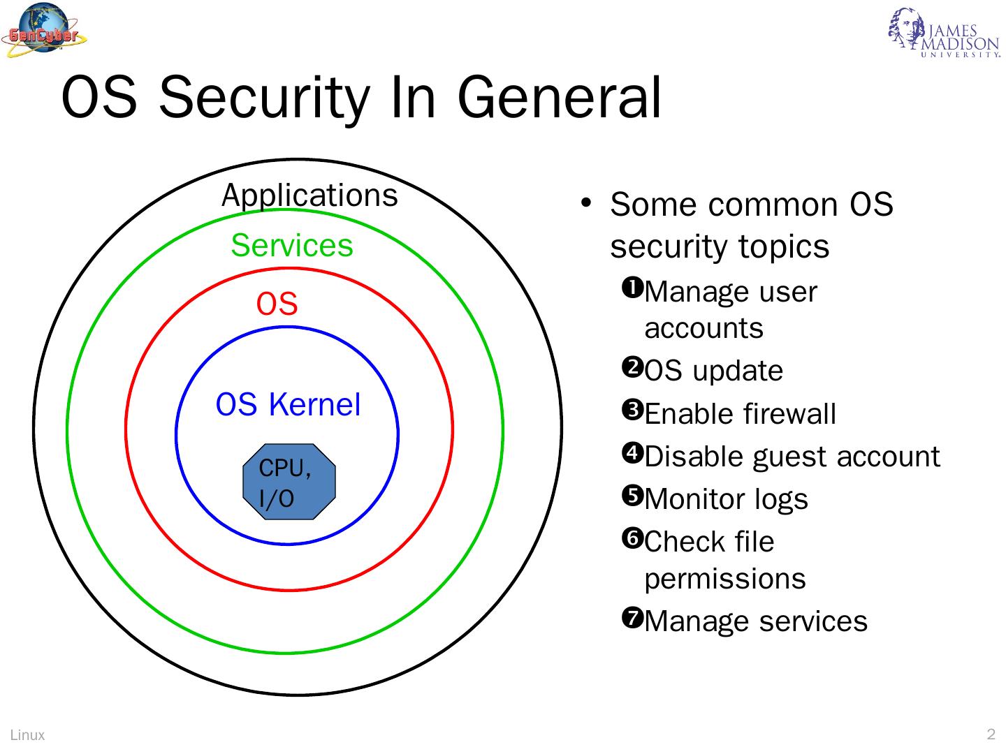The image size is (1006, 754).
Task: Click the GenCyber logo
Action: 43,31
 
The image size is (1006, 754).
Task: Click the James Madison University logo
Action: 945,34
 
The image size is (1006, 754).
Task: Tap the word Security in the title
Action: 263,98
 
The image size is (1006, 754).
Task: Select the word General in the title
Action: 559,98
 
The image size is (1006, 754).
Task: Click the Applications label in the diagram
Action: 309,195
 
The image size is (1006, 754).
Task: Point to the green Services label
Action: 292,245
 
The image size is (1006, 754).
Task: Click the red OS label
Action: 277,304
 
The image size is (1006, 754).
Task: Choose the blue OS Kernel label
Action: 288,405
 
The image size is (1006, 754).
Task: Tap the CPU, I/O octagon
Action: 289,482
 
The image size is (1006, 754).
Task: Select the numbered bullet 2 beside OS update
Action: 633,367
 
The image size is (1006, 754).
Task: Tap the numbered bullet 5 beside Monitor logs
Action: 633,495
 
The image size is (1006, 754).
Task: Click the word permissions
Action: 724,579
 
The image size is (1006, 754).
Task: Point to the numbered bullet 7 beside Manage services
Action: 633,617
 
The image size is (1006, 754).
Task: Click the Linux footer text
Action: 28,734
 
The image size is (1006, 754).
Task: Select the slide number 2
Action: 991,734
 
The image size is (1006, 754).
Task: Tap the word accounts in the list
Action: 704,328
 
